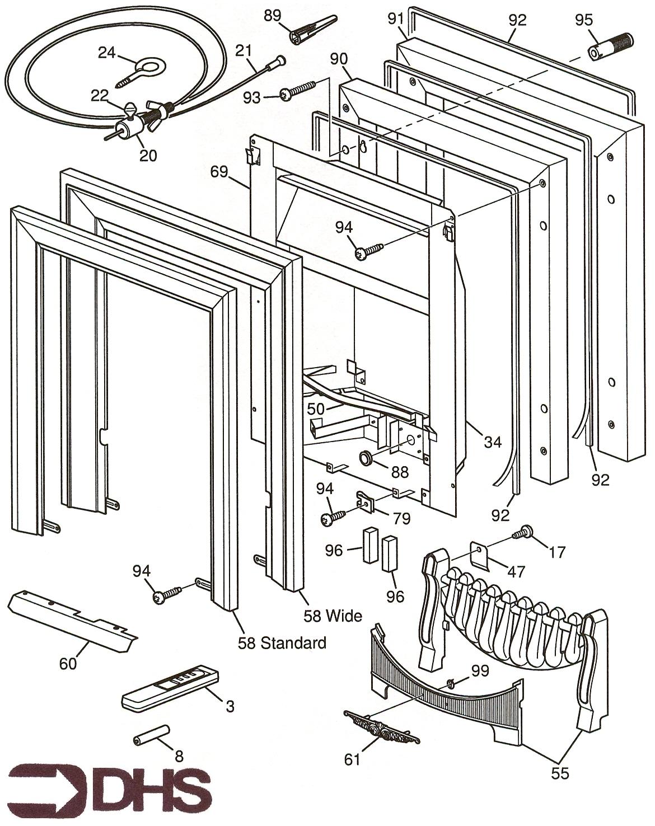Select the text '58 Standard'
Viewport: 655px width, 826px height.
(282, 643)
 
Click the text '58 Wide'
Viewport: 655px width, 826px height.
(333, 616)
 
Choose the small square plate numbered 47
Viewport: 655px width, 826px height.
(482, 555)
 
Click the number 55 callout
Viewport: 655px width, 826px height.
(560, 773)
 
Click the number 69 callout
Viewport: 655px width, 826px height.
(219, 171)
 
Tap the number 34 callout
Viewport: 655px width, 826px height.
(493, 442)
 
